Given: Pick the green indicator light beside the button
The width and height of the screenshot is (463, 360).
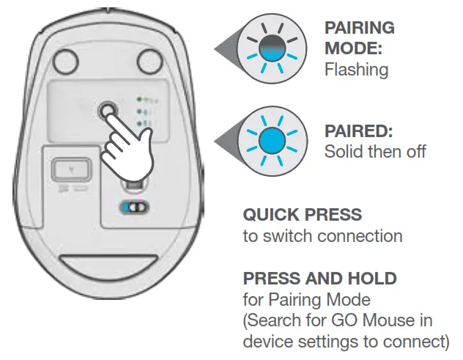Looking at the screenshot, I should point(139,98).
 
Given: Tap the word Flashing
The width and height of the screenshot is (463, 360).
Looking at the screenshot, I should point(356,70).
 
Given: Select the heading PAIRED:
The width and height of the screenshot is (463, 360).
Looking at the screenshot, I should point(358,132).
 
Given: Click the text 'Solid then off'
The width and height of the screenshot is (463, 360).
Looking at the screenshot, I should point(374,153).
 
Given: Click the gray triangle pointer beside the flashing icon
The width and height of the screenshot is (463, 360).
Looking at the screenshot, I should point(224,50).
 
